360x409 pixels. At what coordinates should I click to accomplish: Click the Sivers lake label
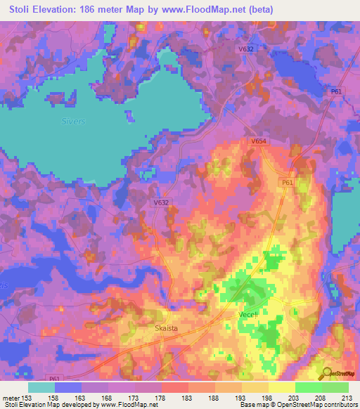coord(72,121)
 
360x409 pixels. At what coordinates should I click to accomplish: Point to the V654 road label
coord(259,141)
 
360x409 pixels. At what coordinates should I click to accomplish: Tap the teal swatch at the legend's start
coord(42,387)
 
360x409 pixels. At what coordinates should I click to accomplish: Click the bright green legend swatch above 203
coord(308,387)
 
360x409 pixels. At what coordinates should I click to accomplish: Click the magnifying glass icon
coord(325,373)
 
